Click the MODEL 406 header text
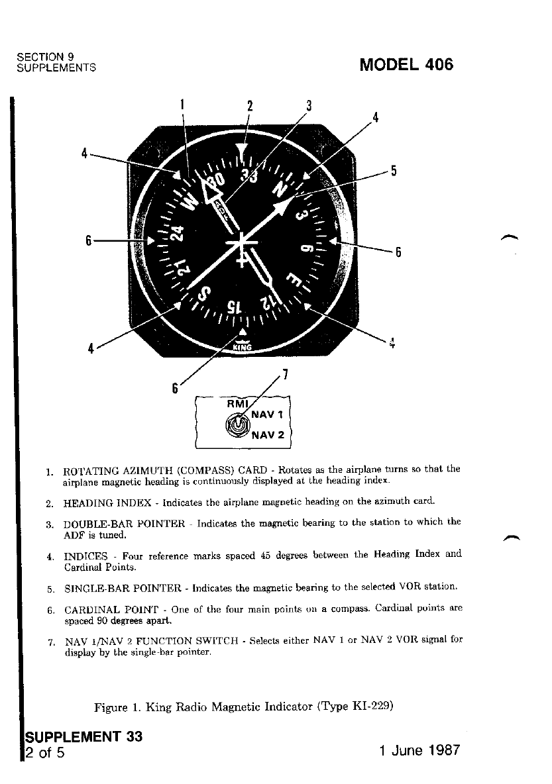(x=406, y=65)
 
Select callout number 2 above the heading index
(x=250, y=106)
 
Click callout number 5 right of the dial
(x=393, y=171)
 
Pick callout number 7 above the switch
(x=284, y=375)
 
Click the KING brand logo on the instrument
(x=244, y=344)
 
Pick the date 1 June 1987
(x=417, y=752)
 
